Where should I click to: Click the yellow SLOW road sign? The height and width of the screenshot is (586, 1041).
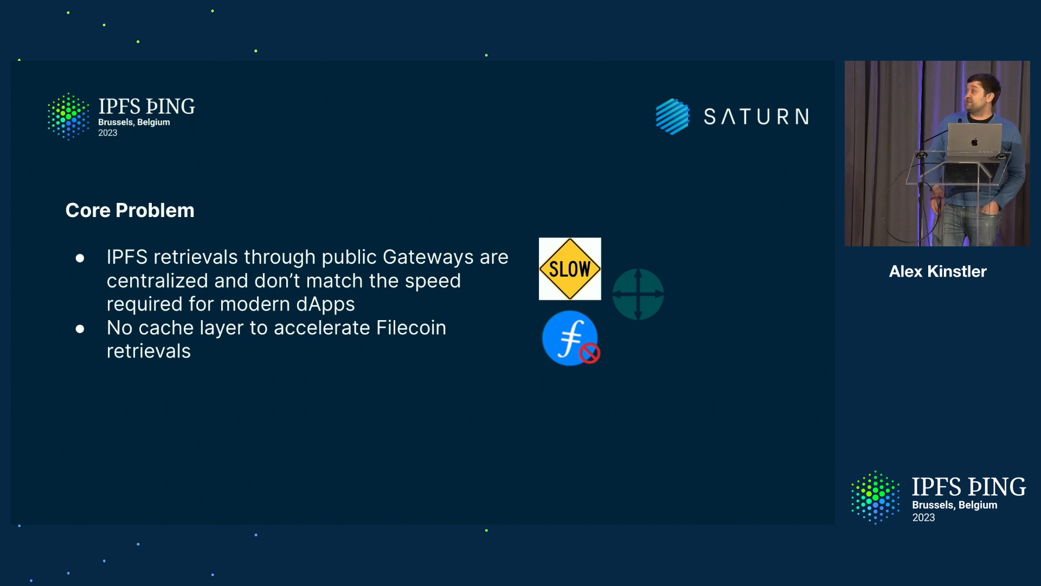tap(570, 269)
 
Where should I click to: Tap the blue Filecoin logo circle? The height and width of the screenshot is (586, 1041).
tap(570, 338)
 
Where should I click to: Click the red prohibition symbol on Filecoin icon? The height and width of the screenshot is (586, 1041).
tap(589, 354)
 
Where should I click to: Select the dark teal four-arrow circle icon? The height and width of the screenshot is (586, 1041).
tap(638, 294)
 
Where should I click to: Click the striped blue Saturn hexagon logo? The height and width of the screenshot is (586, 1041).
tap(672, 116)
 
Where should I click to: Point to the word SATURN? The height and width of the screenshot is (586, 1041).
tap(756, 117)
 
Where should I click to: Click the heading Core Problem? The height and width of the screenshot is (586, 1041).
tap(130, 211)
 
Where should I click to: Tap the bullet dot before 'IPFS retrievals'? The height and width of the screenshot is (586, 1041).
tap(80, 258)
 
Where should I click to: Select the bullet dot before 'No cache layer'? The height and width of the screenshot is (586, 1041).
tap(80, 329)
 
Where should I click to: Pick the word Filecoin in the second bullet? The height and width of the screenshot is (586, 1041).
tap(411, 328)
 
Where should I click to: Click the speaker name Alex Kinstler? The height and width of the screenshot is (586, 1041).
tap(938, 271)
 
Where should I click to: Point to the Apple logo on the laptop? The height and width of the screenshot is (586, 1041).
tap(974, 142)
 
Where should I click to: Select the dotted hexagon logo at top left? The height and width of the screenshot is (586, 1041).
tap(68, 116)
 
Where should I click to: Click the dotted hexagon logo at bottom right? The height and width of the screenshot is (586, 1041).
tap(875, 498)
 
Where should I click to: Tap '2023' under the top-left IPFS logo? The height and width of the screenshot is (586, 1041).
tap(107, 133)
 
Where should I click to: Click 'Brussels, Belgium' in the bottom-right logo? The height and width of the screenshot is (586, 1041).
tap(955, 505)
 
